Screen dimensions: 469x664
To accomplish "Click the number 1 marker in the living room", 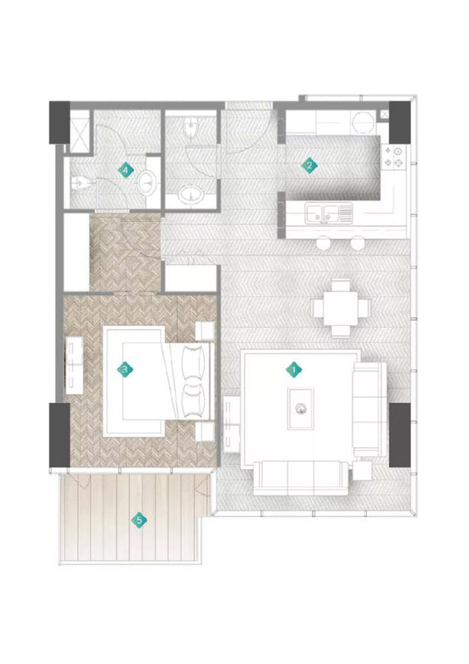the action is click(x=294, y=369).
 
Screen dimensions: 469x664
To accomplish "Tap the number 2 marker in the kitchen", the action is click(x=309, y=165).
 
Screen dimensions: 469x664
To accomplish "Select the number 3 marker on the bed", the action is click(x=125, y=369).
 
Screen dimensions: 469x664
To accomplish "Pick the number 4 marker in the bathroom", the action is click(x=125, y=171).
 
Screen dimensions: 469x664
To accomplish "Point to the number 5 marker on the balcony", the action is click(x=139, y=520).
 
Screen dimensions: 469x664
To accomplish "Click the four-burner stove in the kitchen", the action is click(x=393, y=157).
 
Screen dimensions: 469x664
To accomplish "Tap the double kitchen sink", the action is click(x=330, y=213).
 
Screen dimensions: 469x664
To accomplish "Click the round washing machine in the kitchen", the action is click(x=364, y=123).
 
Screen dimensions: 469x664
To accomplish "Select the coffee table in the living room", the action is click(x=301, y=408).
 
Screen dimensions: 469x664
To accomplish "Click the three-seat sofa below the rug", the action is click(x=301, y=478).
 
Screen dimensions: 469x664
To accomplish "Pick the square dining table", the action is click(x=341, y=308).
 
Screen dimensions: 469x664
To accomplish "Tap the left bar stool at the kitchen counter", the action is click(x=325, y=242).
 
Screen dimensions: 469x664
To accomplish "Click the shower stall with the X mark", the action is click(x=79, y=132).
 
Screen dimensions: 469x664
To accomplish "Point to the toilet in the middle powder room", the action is click(x=191, y=126).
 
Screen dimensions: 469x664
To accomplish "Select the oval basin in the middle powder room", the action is click(x=191, y=196).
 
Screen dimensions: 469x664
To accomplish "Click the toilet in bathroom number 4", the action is click(x=80, y=184).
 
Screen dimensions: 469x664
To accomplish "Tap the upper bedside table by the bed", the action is click(x=204, y=331).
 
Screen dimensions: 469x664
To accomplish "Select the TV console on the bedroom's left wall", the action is click(x=74, y=364).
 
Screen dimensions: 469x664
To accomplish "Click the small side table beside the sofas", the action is click(x=362, y=470).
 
